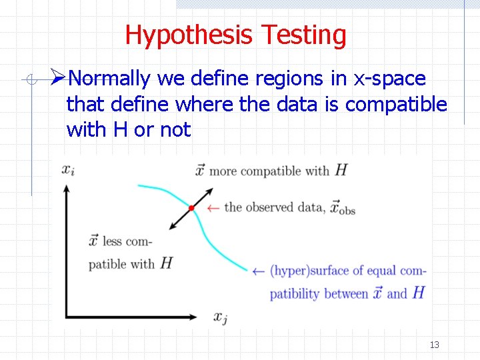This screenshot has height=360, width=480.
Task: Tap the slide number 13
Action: pos(435,345)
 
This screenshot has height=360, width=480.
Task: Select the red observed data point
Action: pos(191,209)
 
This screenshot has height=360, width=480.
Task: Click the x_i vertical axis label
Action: pos(67,169)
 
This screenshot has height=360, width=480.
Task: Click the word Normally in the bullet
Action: pos(109,79)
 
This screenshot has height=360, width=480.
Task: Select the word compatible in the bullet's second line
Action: pos(396,104)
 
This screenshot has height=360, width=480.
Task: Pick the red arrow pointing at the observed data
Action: pos(213,208)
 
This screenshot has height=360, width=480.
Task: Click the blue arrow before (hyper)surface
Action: pos(259,271)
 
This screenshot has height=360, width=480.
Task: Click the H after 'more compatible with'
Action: pos(341,170)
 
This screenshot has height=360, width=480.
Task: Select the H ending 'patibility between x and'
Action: pos(419,293)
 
